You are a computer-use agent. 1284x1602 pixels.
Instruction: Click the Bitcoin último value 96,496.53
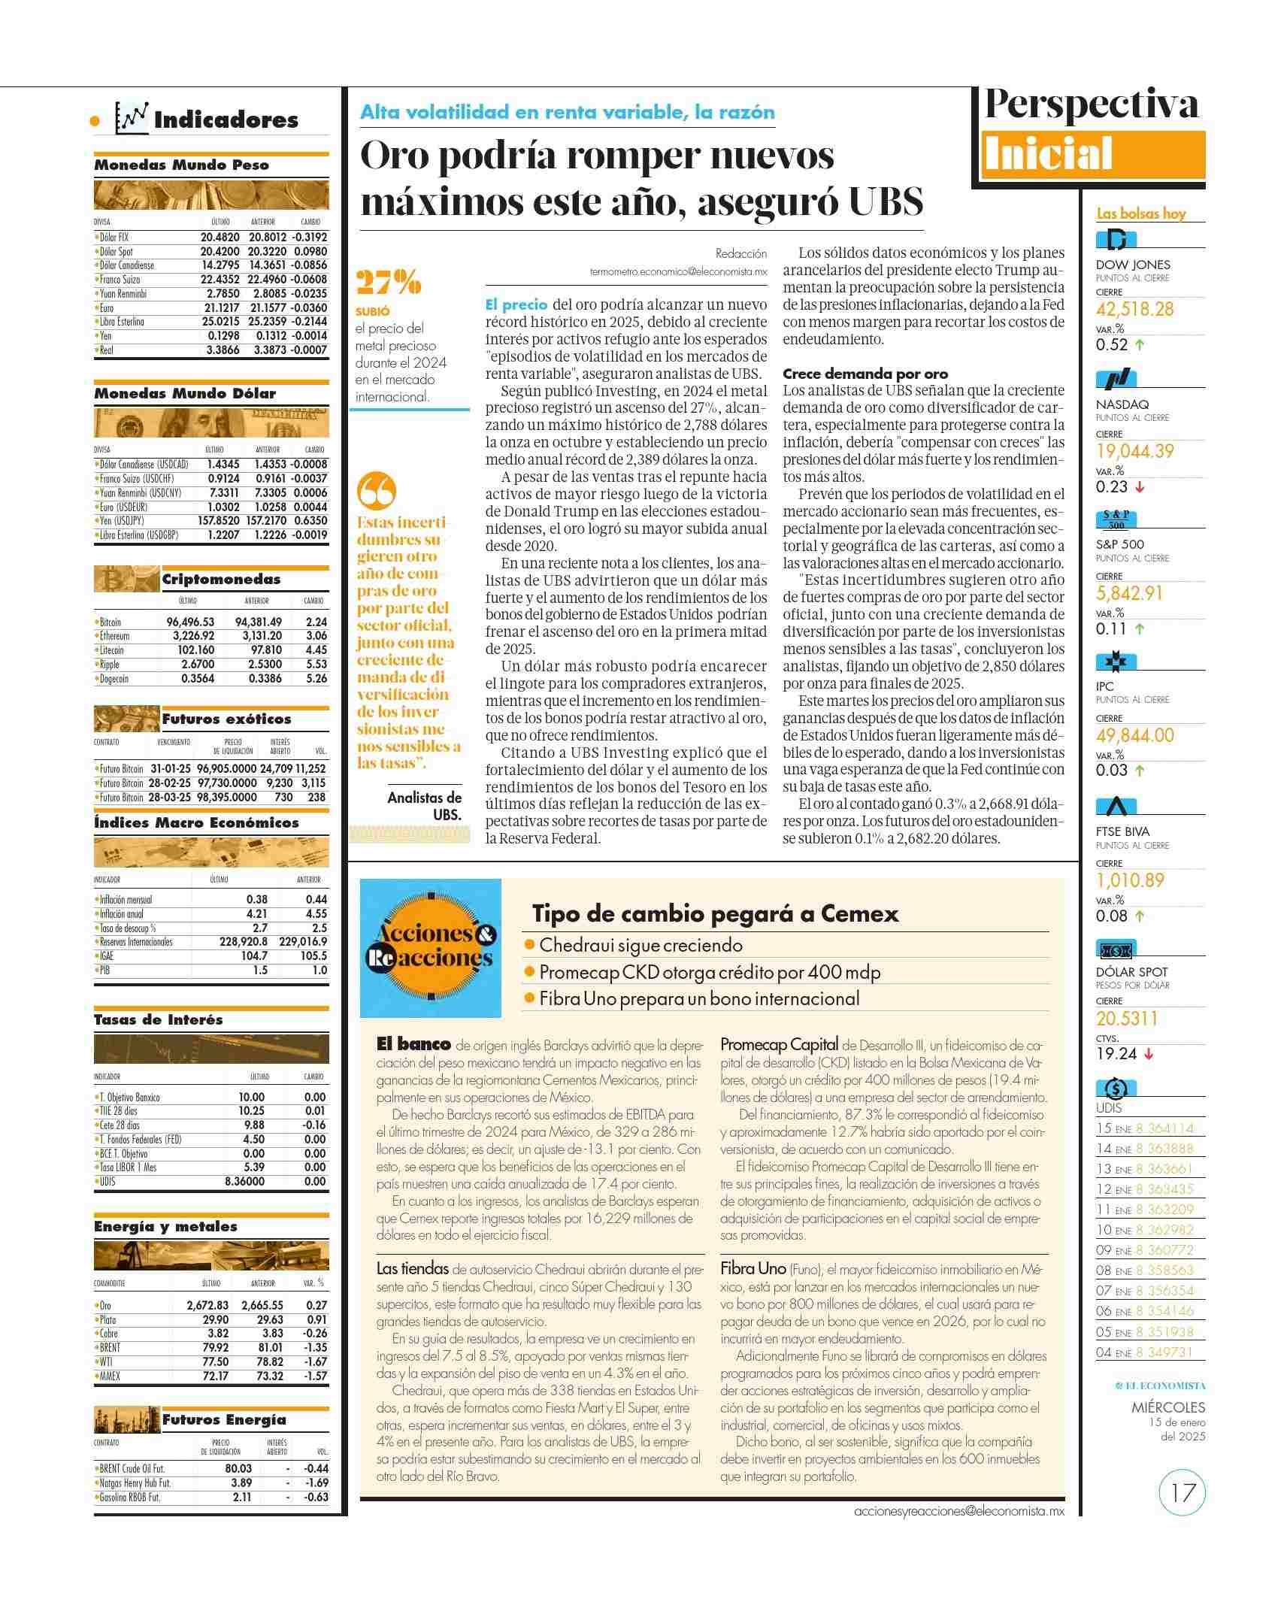coord(190,622)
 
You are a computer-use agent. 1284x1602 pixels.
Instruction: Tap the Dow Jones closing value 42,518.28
coord(1134,309)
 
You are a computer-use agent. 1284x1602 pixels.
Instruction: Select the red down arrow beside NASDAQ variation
coord(1140,487)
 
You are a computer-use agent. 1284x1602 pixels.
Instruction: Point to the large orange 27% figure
coord(388,283)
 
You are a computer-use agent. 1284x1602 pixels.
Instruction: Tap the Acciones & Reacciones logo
coord(431,948)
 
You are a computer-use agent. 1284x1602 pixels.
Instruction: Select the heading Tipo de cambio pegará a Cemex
coord(715,913)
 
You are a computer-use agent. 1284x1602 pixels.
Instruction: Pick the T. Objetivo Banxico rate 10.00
coord(251,1097)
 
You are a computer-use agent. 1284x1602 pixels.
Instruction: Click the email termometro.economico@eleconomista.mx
coord(678,272)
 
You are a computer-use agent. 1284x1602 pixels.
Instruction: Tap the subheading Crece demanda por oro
coord(865,374)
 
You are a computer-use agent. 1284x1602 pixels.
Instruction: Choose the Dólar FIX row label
coord(114,237)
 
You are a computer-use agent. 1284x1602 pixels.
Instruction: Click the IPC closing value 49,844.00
coord(1134,735)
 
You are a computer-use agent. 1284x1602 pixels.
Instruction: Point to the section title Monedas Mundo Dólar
coord(185,393)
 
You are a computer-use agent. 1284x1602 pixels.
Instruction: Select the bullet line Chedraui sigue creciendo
coord(640,945)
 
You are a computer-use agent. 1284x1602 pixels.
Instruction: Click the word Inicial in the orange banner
coord(1048,154)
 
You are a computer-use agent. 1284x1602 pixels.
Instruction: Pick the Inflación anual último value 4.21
coord(256,913)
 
